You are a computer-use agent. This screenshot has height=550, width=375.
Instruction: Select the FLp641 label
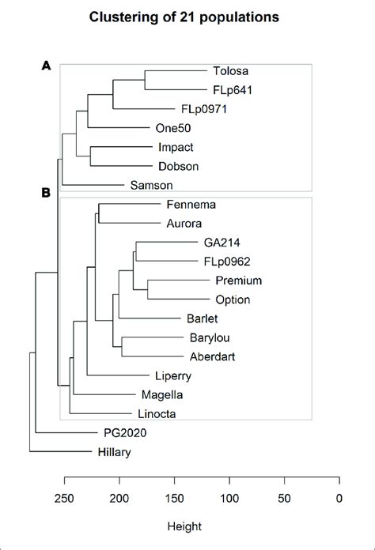click(x=233, y=90)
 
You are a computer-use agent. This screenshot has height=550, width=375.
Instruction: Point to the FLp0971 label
click(x=204, y=109)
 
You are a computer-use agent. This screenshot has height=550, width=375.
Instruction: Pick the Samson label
click(x=147, y=186)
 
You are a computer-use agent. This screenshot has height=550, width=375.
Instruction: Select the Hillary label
click(x=110, y=453)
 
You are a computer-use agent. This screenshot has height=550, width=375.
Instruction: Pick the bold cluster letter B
click(x=47, y=192)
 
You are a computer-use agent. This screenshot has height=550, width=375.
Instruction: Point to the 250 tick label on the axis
click(x=64, y=498)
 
